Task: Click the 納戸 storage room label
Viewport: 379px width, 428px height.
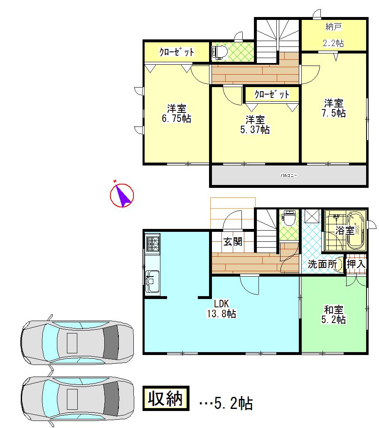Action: (334, 28)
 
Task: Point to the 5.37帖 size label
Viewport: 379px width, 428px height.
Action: (255, 130)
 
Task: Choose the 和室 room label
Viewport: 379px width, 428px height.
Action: (334, 309)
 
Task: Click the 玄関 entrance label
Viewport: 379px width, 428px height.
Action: (233, 241)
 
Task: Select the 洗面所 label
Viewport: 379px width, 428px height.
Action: (322, 264)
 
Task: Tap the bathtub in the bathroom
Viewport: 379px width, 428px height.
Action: (356, 230)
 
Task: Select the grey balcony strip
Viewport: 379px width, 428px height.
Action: (288, 175)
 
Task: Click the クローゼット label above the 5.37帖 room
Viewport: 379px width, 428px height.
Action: (272, 94)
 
